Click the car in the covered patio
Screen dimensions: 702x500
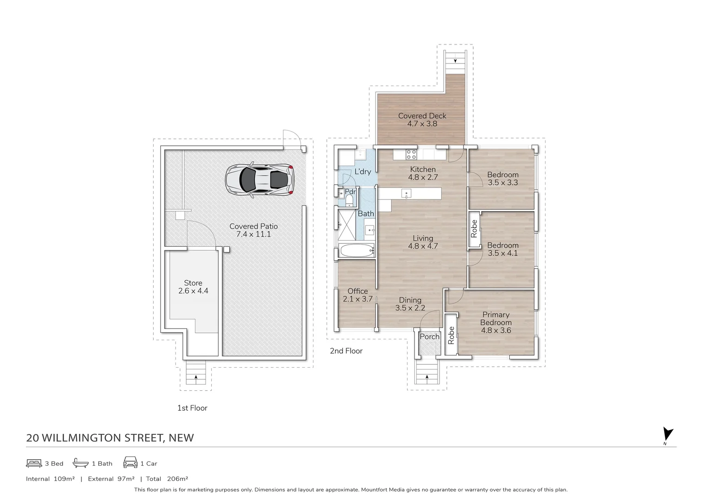pyautogui.click(x=259, y=180)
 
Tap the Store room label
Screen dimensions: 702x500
pyautogui.click(x=193, y=287)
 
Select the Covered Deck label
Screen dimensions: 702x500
pyautogui.click(x=422, y=119)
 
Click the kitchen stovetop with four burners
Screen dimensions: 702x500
pyautogui.click(x=412, y=154)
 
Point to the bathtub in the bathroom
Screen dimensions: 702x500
pyautogui.click(x=357, y=250)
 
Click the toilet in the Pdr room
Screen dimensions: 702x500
pyautogui.click(x=349, y=201)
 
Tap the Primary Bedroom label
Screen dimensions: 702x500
pyautogui.click(x=496, y=322)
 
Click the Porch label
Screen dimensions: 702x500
pyautogui.click(x=429, y=337)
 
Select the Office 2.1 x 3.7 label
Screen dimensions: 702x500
pyautogui.click(x=357, y=295)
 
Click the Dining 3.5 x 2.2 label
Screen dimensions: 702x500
pyautogui.click(x=410, y=304)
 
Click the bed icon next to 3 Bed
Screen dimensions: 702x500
pyautogui.click(x=34, y=463)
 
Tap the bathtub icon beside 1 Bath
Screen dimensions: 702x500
pyautogui.click(x=81, y=463)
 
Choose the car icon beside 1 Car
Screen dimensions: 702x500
pyautogui.click(x=131, y=462)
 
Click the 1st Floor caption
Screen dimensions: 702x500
pyautogui.click(x=192, y=408)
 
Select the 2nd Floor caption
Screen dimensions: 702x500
pyautogui.click(x=346, y=351)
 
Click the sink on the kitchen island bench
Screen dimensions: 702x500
pyautogui.click(x=406, y=194)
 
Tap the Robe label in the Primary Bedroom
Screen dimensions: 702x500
pyautogui.click(x=451, y=335)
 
